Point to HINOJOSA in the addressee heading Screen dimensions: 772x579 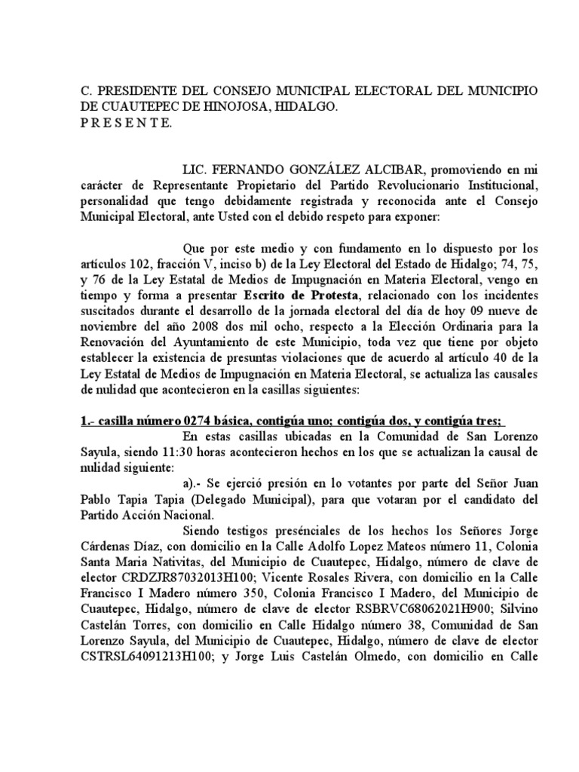240,108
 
